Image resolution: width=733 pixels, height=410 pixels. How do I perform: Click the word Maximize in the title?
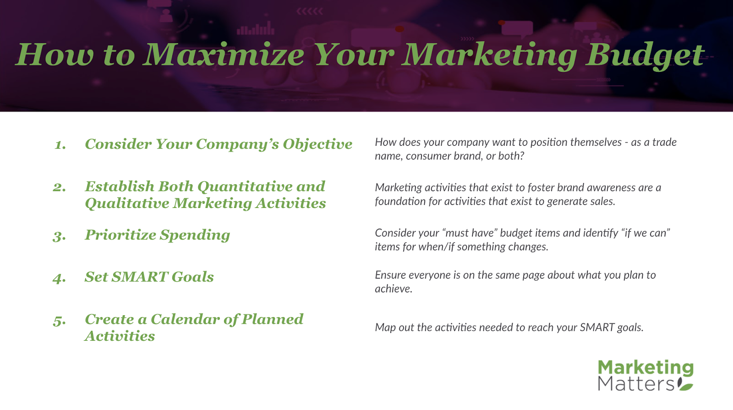point(225,55)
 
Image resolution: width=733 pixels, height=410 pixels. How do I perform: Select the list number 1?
point(60,145)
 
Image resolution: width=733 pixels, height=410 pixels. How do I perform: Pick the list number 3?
point(59,236)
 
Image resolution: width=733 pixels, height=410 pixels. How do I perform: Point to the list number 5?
point(59,320)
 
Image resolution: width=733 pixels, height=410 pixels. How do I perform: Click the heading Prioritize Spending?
point(158,235)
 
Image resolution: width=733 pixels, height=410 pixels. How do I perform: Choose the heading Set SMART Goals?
point(149,277)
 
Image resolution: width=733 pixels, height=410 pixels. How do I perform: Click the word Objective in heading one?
point(317,144)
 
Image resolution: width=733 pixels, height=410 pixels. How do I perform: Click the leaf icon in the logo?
point(684,384)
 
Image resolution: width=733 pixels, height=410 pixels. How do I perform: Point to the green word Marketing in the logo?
point(645,368)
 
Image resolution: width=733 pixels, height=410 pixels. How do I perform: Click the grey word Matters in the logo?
point(636,383)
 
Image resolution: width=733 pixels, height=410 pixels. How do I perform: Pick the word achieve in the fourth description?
point(394,289)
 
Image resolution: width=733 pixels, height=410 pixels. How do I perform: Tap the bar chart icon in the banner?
point(255,28)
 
